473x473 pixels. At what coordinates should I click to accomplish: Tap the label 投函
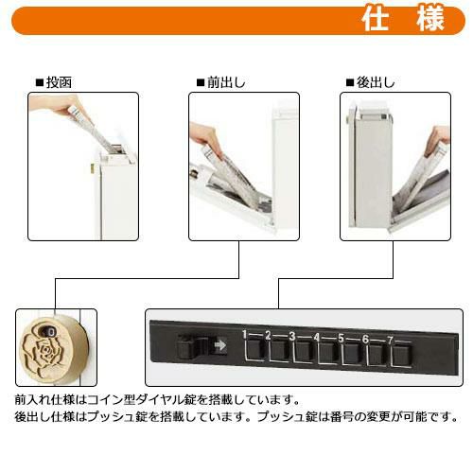click(x=59, y=82)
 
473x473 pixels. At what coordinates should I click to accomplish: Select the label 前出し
click(x=226, y=82)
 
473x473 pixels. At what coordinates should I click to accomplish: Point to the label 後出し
click(x=376, y=82)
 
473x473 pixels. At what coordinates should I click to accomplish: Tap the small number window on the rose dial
click(x=48, y=331)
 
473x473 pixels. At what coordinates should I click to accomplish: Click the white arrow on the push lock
click(x=220, y=345)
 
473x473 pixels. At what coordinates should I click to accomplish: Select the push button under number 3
click(x=305, y=351)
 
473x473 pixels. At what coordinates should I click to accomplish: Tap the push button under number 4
click(x=328, y=352)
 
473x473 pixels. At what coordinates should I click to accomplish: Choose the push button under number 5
click(x=353, y=354)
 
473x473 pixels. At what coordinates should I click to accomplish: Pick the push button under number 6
click(x=377, y=355)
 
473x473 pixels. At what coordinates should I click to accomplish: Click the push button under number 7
click(x=402, y=356)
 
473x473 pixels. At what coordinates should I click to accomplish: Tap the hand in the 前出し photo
click(x=206, y=139)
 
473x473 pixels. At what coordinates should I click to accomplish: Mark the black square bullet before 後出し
click(x=350, y=83)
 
